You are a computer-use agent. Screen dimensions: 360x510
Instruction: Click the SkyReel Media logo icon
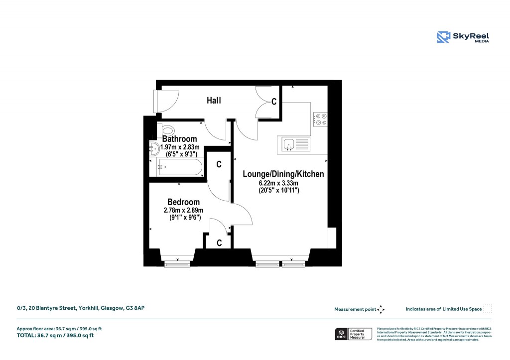coord(443,37)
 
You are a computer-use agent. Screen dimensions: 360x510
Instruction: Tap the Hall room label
coord(214,101)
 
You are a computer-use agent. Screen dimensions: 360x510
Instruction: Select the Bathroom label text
coord(179,139)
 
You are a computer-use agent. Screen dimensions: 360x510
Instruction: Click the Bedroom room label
coord(183,202)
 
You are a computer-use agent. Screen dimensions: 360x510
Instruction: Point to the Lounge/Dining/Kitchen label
coord(283,174)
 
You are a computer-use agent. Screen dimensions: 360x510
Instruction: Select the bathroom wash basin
coord(154,147)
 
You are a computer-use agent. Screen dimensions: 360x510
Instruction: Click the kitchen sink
coord(294,144)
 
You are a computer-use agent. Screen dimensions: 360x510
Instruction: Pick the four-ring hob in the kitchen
coord(320,119)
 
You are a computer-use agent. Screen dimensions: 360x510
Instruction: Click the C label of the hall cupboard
coord(273,102)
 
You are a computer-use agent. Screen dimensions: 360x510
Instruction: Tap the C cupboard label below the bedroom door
coord(219,242)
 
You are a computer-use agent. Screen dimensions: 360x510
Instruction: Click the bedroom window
coord(177,264)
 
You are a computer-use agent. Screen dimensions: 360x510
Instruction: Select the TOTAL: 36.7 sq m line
coord(55,335)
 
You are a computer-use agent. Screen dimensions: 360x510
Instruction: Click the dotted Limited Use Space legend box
coord(488,309)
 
